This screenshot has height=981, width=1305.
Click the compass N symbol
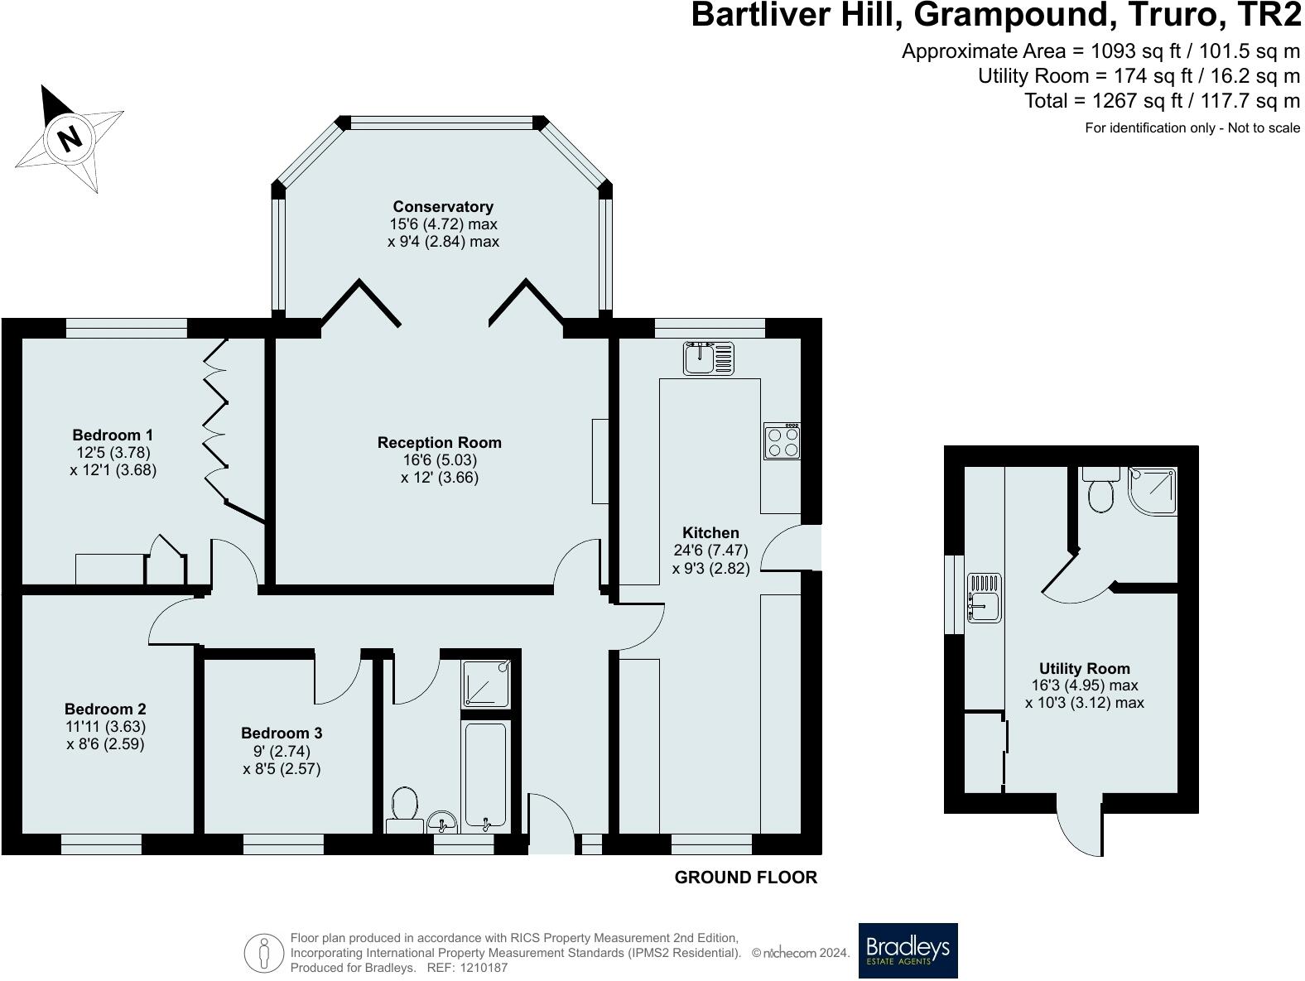click(70, 137)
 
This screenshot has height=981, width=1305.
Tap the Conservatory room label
click(443, 207)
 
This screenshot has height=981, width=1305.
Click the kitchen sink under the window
click(709, 358)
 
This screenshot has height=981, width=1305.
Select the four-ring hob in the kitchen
click(782, 441)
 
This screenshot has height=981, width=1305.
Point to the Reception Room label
click(439, 443)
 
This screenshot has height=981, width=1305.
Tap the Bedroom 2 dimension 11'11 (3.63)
click(105, 726)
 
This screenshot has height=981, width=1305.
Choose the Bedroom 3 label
click(282, 733)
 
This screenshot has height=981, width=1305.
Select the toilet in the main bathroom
click(404, 806)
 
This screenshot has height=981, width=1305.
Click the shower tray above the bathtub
click(486, 684)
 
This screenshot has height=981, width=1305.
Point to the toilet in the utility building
click(1101, 492)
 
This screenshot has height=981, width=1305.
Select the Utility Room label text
click(1084, 669)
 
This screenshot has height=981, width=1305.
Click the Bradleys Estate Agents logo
click(908, 950)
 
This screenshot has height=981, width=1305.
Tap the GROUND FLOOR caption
click(745, 878)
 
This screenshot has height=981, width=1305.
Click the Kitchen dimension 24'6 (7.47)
click(710, 551)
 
